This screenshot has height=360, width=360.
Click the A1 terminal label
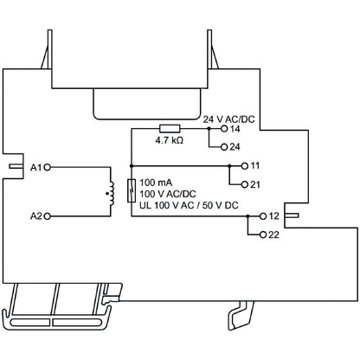(x=35, y=164)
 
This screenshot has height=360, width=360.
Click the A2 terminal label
(x=35, y=214)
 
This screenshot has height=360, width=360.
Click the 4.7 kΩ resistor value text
(x=169, y=139)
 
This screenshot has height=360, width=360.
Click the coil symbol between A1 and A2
(x=110, y=189)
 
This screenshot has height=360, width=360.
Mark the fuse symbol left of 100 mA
(x=131, y=189)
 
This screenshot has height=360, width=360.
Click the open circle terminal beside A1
(x=48, y=164)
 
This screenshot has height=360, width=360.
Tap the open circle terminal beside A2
(x=48, y=214)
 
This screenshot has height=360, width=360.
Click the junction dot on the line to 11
(x=229, y=164)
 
